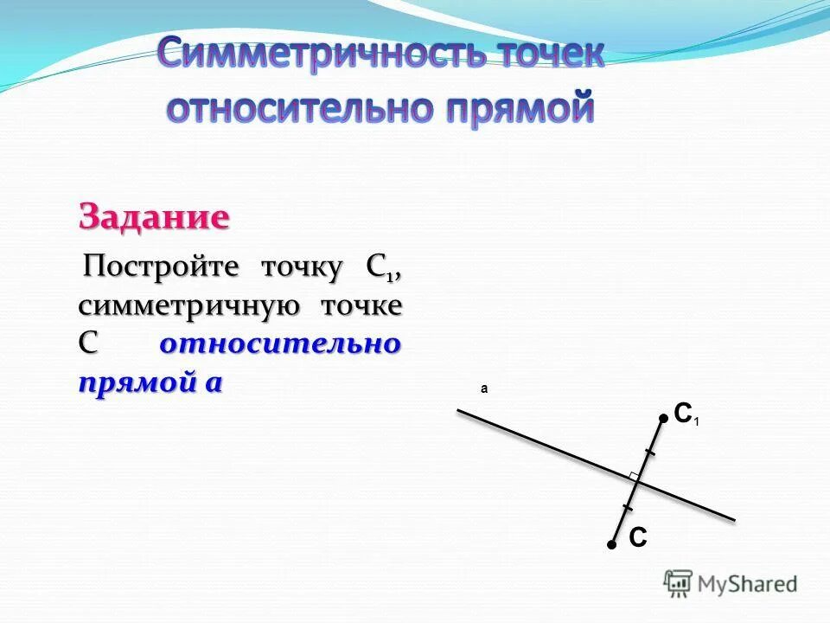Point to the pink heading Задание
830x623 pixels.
[154, 216]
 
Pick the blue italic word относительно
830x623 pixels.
[280, 344]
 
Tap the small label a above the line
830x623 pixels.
[484, 389]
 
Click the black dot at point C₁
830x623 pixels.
[663, 418]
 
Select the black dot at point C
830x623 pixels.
[610, 545]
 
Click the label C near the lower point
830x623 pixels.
[637, 538]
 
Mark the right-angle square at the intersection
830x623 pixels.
[635, 475]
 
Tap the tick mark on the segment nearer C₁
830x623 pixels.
[650, 453]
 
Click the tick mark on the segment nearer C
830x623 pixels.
[628, 507]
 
